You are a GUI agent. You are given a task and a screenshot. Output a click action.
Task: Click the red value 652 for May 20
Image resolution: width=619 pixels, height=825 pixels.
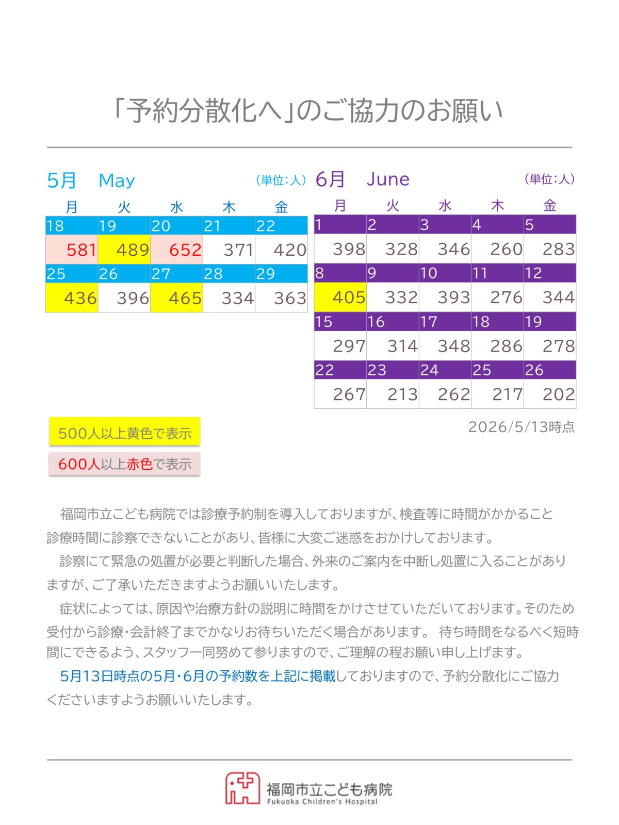pos(185,250)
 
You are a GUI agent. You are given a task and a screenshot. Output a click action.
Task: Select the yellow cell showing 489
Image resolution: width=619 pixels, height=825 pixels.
pos(124,249)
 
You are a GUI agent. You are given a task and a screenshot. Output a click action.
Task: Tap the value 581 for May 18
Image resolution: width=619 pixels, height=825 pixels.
pos(82,250)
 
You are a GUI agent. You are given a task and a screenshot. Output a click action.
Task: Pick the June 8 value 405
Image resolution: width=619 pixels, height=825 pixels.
pos(349,298)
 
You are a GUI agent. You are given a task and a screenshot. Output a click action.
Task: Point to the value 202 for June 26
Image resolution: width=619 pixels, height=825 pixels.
pos(559,394)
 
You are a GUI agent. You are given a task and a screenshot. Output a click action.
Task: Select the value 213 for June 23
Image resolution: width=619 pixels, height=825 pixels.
pos(402,394)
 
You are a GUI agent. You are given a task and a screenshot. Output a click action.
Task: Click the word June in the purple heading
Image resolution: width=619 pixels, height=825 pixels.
pos(388,179)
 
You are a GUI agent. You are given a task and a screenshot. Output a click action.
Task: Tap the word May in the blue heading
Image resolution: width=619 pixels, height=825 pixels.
pos(117,181)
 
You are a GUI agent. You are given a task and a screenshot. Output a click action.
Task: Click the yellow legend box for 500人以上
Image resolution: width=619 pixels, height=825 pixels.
pos(124,432)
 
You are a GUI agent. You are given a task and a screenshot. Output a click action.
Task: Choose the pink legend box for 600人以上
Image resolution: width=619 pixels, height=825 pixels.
pos(124,464)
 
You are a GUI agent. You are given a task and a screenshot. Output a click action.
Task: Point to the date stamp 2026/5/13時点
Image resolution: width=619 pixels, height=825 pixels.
pos(522,426)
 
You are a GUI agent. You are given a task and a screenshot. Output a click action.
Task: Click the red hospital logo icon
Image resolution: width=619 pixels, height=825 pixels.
pos(242,788)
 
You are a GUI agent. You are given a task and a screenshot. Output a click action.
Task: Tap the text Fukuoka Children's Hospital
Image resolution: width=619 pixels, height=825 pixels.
pos(322,802)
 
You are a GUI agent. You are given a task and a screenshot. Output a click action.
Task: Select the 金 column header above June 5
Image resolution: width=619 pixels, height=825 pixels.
pos(549,206)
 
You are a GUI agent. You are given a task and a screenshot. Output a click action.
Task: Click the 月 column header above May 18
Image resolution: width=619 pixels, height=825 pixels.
pos(71,207)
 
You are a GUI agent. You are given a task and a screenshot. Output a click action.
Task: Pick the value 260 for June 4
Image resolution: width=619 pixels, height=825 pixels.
pos(506,249)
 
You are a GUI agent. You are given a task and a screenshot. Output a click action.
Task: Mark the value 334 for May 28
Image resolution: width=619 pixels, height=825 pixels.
pos(237,298)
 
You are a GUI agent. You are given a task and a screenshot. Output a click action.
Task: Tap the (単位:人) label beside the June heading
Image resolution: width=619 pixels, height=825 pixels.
pos(549,179)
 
